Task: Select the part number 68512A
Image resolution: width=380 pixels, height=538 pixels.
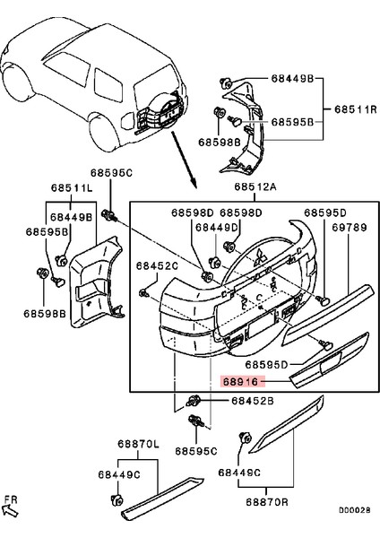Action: [x=255, y=188]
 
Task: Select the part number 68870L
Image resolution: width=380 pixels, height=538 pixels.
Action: [x=137, y=445]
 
